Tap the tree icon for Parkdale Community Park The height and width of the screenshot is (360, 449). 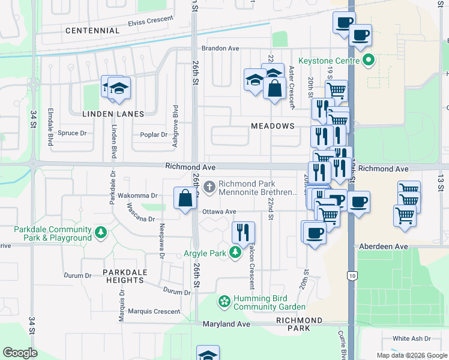pyautogui.click(x=101, y=231)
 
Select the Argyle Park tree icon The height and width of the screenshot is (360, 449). pyautogui.click(x=235, y=253)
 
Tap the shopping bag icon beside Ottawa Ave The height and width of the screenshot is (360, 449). pyautogui.click(x=185, y=198)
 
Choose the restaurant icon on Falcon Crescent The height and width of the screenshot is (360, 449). pyautogui.click(x=243, y=232)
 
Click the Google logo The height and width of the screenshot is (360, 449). pyautogui.click(x=20, y=352)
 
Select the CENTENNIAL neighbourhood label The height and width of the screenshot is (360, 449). pyautogui.click(x=92, y=30)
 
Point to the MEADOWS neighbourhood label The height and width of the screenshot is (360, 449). pyautogui.click(x=273, y=126)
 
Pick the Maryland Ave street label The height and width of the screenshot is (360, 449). pyautogui.click(x=229, y=324)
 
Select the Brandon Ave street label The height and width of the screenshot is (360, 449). pyautogui.click(x=220, y=48)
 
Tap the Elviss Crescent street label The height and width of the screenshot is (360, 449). pyautogui.click(x=149, y=23)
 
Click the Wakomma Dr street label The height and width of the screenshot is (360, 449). pyautogui.click(x=137, y=196)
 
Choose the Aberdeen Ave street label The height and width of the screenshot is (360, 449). pyautogui.click(x=384, y=247)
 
